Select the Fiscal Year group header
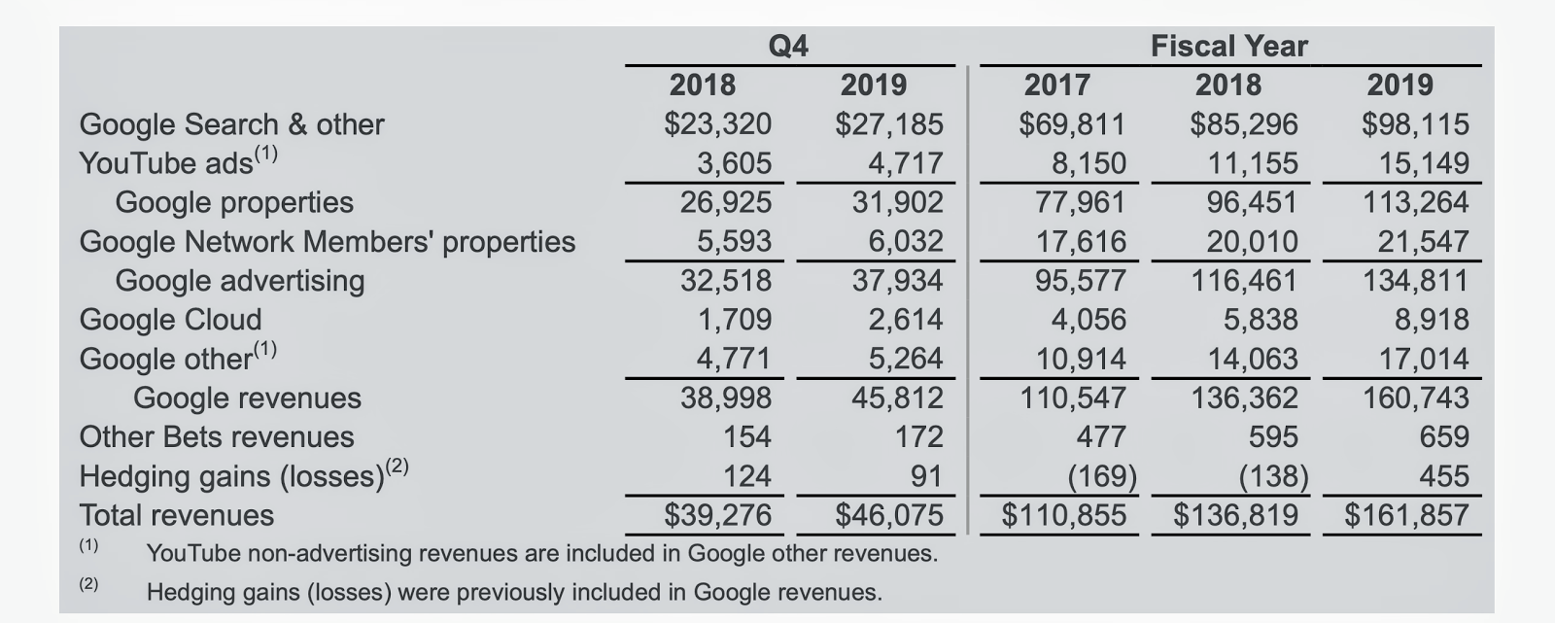(1229, 46)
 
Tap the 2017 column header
(1056, 86)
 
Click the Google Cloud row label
(170, 320)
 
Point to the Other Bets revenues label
(216, 437)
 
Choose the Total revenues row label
(176, 515)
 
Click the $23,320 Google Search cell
(717, 124)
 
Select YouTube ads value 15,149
(1424, 163)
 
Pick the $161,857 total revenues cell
(1406, 515)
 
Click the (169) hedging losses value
(1102, 476)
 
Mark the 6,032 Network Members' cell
(905, 241)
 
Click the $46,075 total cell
(888, 515)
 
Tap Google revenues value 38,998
(725, 398)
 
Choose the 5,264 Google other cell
(905, 359)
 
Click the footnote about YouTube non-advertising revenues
(541, 554)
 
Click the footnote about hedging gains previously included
(514, 592)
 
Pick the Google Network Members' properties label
(327, 241)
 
